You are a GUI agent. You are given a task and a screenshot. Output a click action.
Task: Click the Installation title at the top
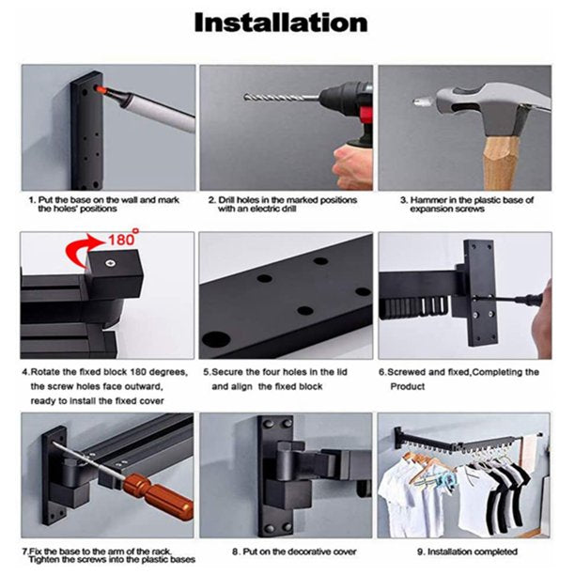(x=281, y=23)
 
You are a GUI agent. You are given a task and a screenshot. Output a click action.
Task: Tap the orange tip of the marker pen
(x=100, y=88)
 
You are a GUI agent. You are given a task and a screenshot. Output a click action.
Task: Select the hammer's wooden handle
(x=498, y=163)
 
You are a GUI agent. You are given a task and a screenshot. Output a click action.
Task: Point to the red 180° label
(x=123, y=239)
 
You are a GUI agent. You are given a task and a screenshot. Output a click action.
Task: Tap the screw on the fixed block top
(x=109, y=263)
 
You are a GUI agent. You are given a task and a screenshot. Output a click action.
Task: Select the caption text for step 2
(x=283, y=204)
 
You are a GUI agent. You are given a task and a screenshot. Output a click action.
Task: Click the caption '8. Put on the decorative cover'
(x=294, y=552)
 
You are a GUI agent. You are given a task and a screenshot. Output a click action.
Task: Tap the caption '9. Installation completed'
(x=467, y=552)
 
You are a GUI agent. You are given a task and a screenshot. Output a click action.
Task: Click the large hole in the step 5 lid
(x=216, y=338)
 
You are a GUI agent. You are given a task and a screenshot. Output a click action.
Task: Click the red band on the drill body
(x=365, y=115)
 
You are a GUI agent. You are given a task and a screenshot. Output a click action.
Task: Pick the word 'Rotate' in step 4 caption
(x=45, y=372)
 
